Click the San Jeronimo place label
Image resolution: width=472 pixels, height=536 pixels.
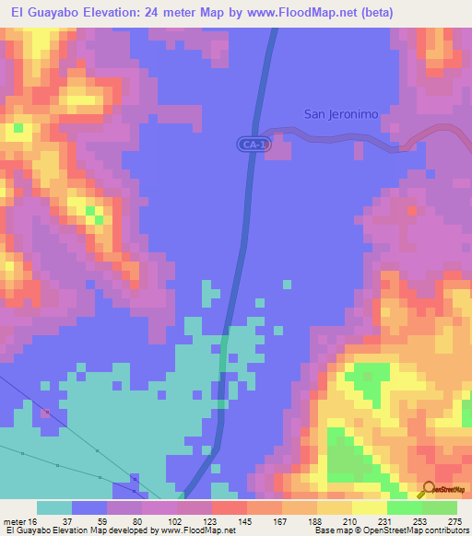(341, 114)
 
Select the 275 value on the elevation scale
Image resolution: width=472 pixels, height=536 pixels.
(454, 520)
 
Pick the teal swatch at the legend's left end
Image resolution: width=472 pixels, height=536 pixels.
(53, 507)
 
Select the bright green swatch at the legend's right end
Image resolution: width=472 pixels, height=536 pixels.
(440, 507)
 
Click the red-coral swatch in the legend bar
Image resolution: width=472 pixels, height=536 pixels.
(229, 507)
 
